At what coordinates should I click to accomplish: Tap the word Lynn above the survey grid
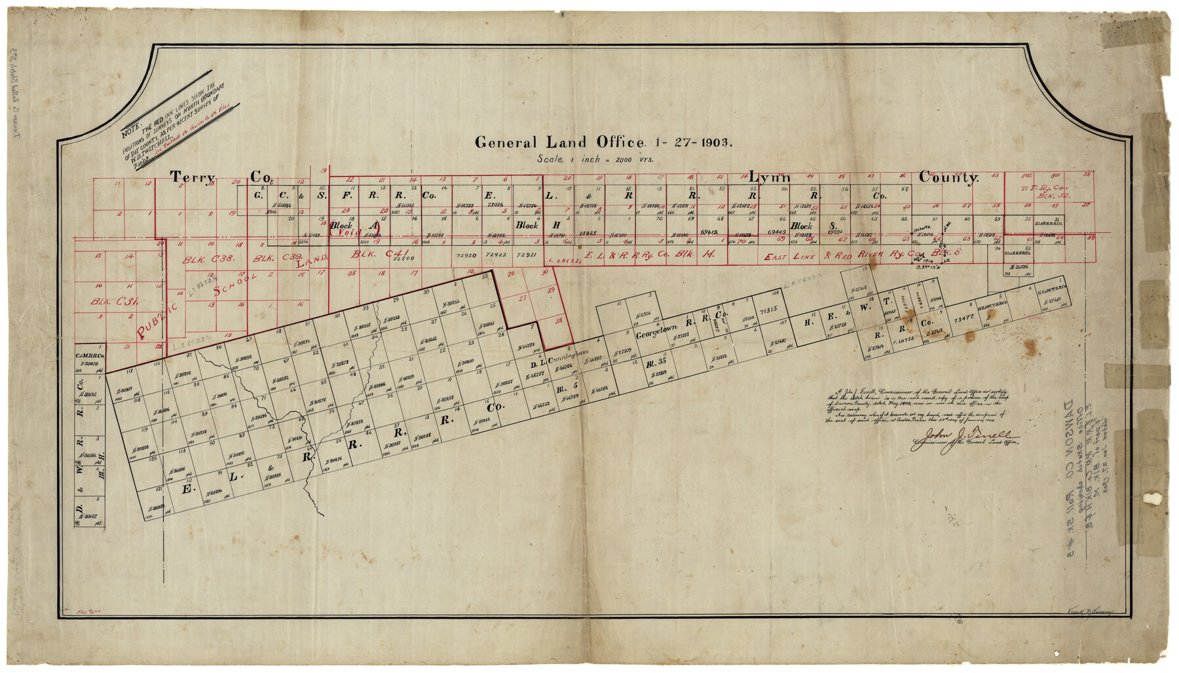[770, 177]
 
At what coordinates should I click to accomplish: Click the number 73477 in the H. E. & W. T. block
[965, 319]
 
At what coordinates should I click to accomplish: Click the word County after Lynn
[948, 177]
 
